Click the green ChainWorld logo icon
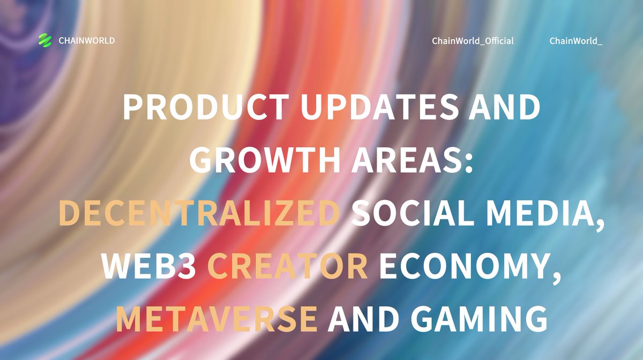[x=44, y=40]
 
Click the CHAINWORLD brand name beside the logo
[x=87, y=41]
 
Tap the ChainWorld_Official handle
[x=473, y=41]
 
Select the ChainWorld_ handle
[x=576, y=41]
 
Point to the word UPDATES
[x=376, y=107]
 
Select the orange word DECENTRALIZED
[x=199, y=213]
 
